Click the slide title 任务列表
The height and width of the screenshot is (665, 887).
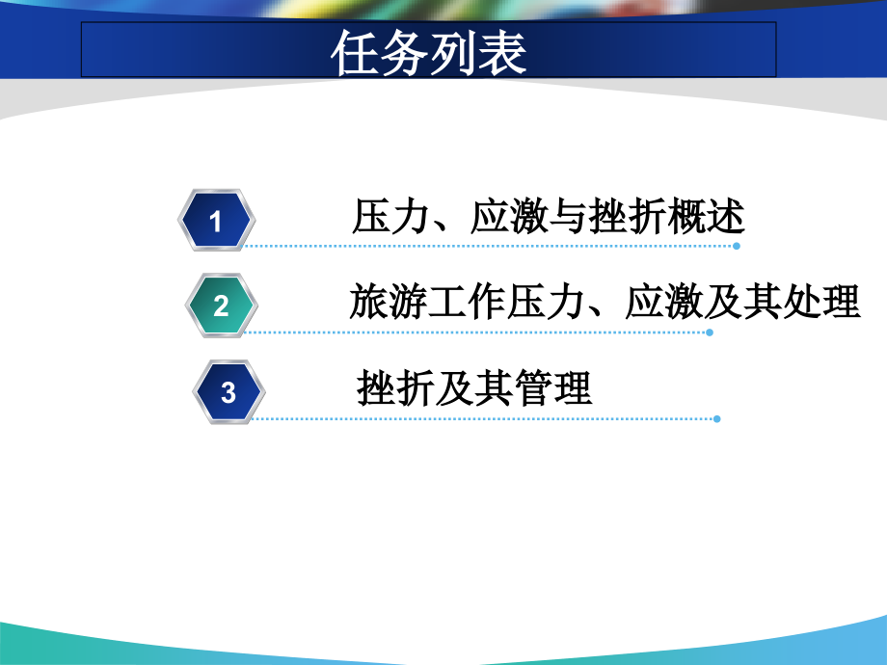(429, 53)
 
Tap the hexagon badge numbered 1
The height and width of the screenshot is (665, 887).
(216, 221)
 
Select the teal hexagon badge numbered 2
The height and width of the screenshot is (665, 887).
(222, 306)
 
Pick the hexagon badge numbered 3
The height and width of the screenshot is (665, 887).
(228, 391)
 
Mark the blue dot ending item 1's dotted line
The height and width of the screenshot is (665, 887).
(737, 246)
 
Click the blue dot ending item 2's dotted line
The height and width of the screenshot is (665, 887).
(710, 332)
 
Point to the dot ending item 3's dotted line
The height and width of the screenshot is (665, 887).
(716, 418)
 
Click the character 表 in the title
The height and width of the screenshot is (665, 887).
(503, 53)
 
